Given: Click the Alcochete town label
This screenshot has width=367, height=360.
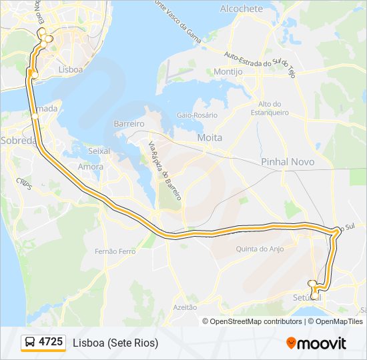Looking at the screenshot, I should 241,9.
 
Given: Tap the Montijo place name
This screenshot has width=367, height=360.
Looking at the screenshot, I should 228,71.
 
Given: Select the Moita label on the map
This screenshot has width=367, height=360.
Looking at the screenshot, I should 210,137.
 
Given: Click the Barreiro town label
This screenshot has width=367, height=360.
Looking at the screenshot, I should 129,124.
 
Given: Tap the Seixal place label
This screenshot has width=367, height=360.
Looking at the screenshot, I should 98,151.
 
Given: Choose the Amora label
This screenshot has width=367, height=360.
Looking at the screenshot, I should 91,167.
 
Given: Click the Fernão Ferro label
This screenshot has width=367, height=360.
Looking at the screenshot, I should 115,251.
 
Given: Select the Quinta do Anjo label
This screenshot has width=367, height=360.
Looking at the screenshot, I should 260,249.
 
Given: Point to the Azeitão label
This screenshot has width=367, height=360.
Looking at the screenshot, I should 185,307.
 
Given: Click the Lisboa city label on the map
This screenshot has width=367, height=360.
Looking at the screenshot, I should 70,69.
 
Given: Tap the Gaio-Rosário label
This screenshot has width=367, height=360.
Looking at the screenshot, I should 197,115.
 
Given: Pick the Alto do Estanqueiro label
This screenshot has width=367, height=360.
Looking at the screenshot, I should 270,108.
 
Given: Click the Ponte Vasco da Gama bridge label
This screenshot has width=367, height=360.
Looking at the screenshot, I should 177,19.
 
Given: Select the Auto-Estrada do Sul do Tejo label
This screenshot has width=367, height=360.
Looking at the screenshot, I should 259,65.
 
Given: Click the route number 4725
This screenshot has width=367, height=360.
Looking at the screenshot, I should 51,342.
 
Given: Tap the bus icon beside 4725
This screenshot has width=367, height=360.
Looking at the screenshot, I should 31,343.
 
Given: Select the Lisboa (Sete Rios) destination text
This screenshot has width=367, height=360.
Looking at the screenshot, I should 115,343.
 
